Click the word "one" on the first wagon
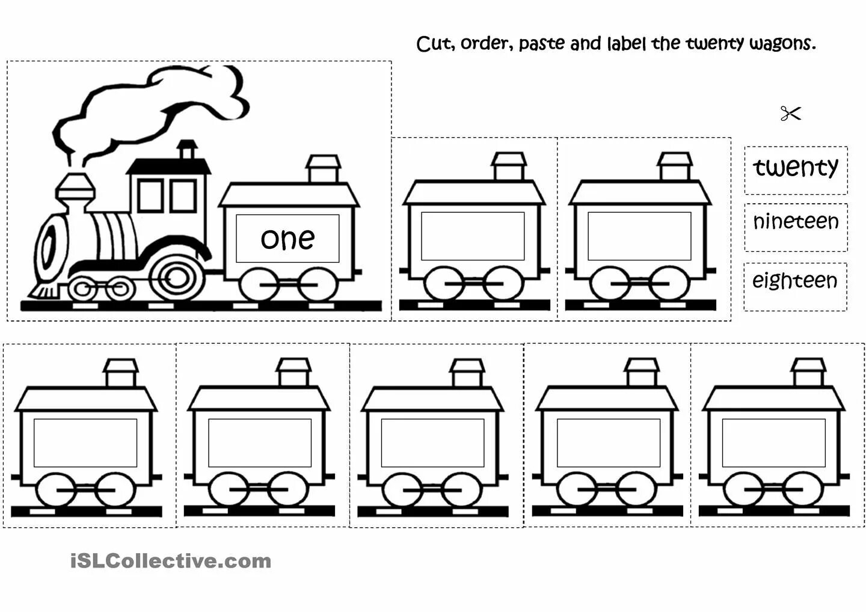click(287, 239)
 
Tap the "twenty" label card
click(796, 168)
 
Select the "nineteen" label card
click(796, 222)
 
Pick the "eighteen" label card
click(794, 281)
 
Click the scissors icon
click(790, 113)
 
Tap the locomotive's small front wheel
click(84, 289)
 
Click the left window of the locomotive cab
click(150, 195)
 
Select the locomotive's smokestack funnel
click(75, 189)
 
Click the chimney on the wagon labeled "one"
click(323, 169)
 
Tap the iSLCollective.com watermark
click(171, 562)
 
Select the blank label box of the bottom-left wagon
click(85, 442)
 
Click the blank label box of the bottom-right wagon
click(773, 442)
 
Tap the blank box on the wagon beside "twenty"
click(639, 236)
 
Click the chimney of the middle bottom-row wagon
click(467, 373)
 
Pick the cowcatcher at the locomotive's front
click(43, 291)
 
